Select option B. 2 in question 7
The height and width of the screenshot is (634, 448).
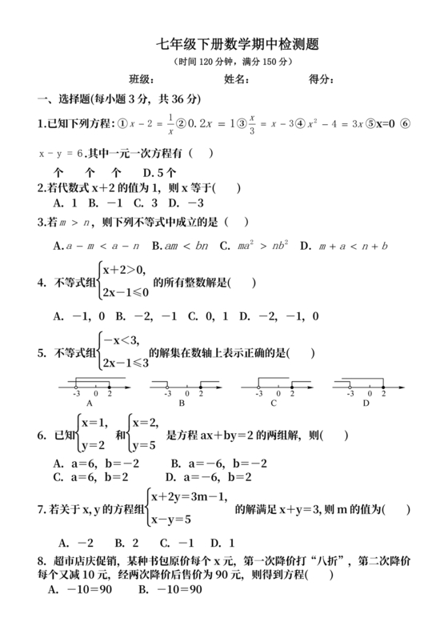127,542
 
